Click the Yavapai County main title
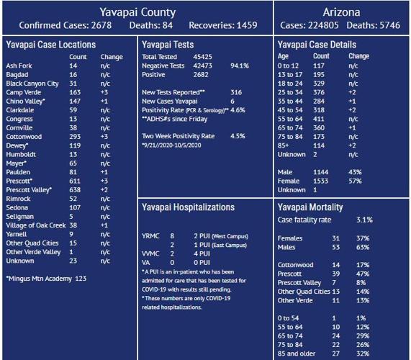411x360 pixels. pyautogui.click(x=137, y=12)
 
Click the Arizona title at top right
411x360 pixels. pyautogui.click(x=342, y=12)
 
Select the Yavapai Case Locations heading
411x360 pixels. pyautogui.click(x=50, y=45)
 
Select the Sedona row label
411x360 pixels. pyautogui.click(x=17, y=207)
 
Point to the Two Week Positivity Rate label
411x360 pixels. pyautogui.click(x=178, y=135)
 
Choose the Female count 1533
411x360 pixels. pyautogui.click(x=322, y=181)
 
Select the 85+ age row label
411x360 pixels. pyautogui.click(x=283, y=145)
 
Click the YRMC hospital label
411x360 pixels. pyautogui.click(x=150, y=235)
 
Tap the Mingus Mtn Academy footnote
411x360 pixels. pyautogui.click(x=46, y=278)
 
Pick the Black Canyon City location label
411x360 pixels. pyautogui.click(x=32, y=84)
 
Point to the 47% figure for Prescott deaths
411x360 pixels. pyautogui.click(x=363, y=274)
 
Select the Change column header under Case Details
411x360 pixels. pyautogui.click(x=358, y=56)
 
